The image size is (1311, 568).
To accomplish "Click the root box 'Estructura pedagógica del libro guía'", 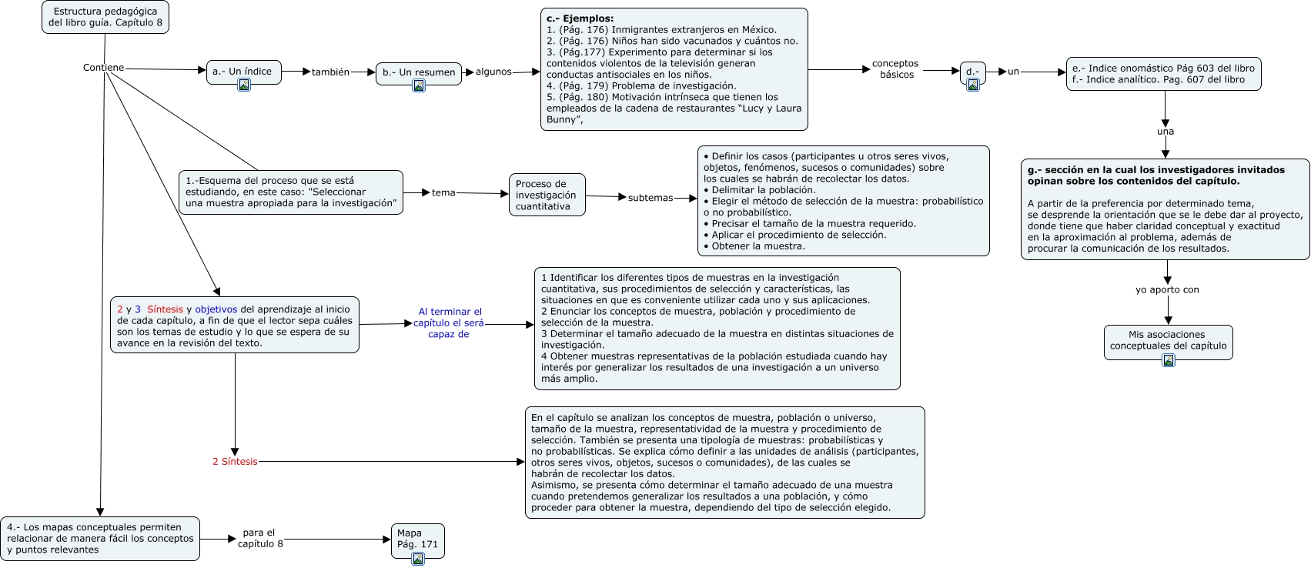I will [x=105, y=17].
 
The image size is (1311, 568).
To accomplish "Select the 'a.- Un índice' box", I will [x=242, y=72].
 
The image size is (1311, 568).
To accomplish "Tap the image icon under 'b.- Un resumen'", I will [x=419, y=85].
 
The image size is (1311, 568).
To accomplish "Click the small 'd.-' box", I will [x=972, y=72].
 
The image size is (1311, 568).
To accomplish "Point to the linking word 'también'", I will [x=330, y=72].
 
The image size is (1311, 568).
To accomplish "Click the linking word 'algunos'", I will [x=493, y=72].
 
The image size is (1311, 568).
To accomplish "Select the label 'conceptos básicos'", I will [x=895, y=69].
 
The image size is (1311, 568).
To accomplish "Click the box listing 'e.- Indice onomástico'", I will [x=1162, y=74].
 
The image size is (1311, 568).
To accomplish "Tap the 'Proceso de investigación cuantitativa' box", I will [x=547, y=195].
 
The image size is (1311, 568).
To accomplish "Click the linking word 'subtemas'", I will [x=650, y=198].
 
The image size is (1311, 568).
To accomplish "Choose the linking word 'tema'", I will [x=443, y=192].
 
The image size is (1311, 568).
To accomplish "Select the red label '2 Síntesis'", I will [x=235, y=462].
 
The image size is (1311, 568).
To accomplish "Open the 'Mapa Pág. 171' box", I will [x=417, y=538].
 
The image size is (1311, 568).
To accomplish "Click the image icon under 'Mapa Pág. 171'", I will [x=418, y=559].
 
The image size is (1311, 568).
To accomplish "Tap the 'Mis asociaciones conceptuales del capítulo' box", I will [x=1168, y=340].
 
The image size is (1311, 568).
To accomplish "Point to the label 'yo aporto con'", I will [x=1167, y=290].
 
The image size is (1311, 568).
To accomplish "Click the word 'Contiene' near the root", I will [x=103, y=68].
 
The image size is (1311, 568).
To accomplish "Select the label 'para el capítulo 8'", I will [x=260, y=538].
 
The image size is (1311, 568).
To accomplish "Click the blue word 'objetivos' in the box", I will [x=216, y=309].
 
